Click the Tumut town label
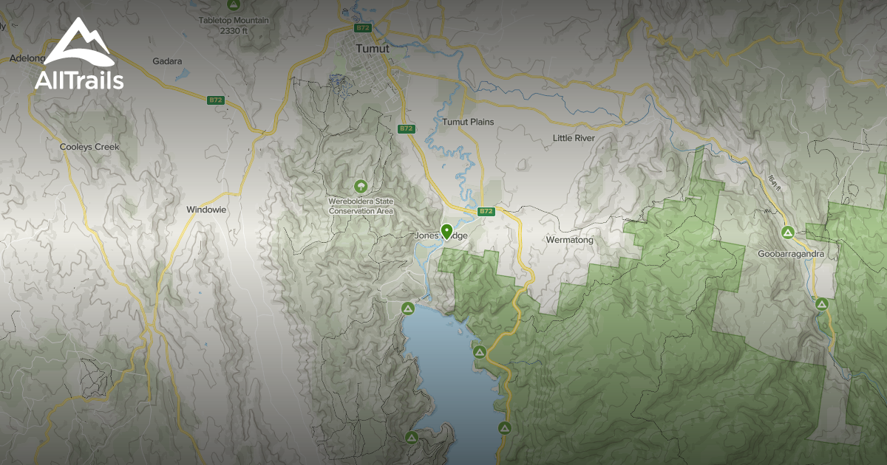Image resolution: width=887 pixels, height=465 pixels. (372, 49)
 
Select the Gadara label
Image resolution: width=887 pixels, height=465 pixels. (167, 61)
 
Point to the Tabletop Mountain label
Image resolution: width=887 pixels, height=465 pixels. (234, 20)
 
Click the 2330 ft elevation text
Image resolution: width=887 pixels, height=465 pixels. (234, 30)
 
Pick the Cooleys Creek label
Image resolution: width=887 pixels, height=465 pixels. (89, 147)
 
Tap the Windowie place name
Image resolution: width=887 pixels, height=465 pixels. (206, 210)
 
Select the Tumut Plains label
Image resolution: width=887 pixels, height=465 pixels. (468, 122)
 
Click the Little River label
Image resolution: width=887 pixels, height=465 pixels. (574, 138)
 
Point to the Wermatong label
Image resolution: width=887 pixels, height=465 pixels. (570, 240)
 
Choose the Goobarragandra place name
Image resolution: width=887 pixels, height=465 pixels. (790, 254)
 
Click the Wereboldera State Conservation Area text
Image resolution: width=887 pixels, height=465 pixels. (361, 206)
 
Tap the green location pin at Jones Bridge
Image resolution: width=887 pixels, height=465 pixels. (446, 232)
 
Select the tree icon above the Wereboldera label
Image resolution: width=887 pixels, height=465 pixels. (361, 186)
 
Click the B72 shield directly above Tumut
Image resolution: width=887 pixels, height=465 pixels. (362, 28)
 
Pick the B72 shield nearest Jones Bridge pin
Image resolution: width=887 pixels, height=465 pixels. (486, 211)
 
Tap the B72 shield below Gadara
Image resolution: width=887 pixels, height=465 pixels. (215, 100)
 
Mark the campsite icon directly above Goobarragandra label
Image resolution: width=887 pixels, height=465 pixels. (789, 232)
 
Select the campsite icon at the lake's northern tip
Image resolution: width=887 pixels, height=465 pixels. (407, 307)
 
